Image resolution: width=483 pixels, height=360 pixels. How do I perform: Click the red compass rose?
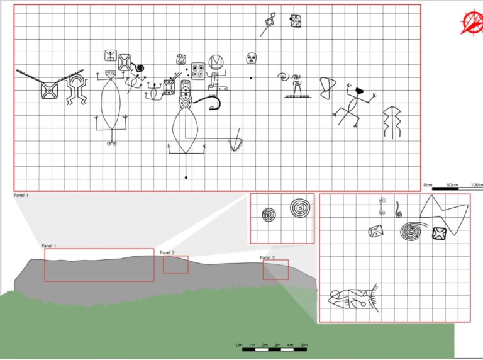472,23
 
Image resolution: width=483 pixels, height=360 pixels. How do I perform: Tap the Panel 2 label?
167,253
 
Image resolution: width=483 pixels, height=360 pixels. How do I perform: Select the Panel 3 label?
267,257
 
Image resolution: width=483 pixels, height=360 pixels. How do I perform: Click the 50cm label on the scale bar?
452,185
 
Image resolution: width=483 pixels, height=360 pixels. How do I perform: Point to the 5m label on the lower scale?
304,345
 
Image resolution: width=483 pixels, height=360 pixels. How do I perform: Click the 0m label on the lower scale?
240,345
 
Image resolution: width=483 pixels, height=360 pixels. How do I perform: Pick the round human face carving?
252,58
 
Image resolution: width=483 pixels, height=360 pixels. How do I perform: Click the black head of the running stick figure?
359,91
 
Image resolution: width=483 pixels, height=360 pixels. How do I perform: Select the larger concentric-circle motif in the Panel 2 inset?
300,208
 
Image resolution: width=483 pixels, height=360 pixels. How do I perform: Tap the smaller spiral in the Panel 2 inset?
269,215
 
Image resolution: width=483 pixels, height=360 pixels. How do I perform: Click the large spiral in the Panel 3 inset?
411,231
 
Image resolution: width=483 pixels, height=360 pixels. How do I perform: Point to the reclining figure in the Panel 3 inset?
353,298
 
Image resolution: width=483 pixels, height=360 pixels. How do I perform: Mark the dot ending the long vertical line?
186,177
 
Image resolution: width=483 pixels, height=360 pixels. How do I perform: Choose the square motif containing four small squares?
197,71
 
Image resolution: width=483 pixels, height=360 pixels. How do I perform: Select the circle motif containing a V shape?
216,62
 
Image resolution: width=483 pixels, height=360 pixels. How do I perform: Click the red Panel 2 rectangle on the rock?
175,264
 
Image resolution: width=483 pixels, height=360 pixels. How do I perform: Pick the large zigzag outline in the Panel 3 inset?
444,214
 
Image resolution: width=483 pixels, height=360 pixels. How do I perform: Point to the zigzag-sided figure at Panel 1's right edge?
392,122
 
